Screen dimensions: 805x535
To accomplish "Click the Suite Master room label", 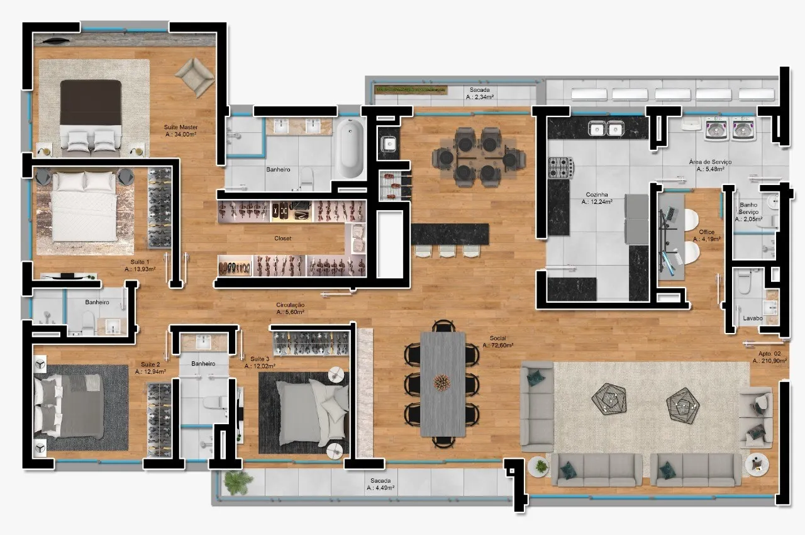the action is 180,127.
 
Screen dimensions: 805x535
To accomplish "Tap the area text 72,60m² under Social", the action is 497,345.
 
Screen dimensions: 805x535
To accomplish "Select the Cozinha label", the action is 597,194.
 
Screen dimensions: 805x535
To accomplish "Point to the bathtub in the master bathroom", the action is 351,149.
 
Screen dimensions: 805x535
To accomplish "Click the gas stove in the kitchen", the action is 560,167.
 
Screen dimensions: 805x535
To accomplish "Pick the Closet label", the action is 283,239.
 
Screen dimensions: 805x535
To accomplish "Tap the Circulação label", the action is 291,305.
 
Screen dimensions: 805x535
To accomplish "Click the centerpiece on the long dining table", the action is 441,382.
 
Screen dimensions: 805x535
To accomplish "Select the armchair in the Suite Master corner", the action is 194,77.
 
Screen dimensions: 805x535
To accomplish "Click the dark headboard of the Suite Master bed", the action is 91,103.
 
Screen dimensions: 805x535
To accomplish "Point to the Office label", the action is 706,232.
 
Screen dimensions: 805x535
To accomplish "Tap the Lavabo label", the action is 753,318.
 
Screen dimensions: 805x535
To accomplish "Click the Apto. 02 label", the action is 769,354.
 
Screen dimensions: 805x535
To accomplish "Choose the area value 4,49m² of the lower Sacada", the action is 380,488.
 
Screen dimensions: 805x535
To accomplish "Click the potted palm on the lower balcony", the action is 237,481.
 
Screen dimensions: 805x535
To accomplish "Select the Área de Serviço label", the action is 710,162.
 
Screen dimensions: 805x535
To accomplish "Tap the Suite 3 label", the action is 260,359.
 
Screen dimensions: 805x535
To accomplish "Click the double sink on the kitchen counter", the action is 606,128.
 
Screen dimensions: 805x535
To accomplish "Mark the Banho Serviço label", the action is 748,208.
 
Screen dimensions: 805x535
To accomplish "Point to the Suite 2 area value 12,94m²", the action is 150,372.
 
